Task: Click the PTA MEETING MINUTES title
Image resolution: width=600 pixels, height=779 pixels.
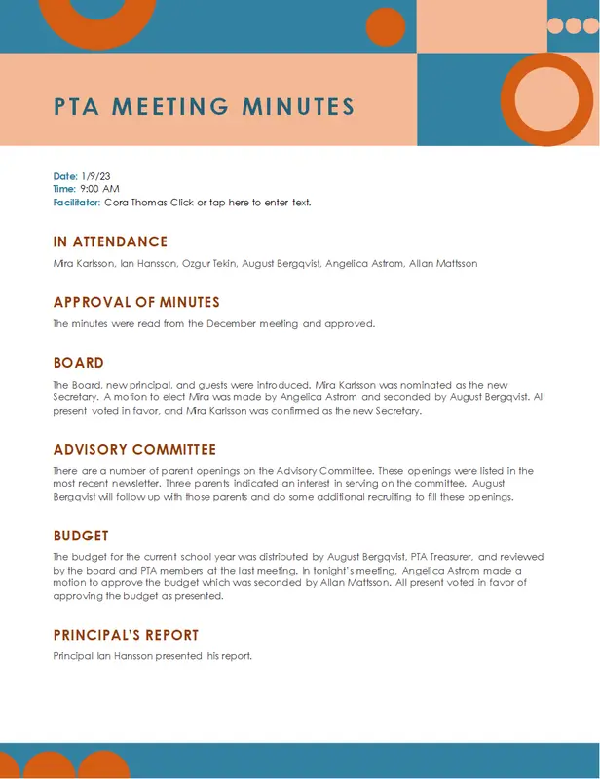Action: tap(204, 107)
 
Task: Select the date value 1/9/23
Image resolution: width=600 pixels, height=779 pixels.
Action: tap(96, 175)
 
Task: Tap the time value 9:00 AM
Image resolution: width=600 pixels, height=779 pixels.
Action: tap(98, 189)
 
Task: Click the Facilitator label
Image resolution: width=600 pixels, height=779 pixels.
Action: tap(76, 203)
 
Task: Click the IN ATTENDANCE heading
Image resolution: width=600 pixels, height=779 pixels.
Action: tap(110, 242)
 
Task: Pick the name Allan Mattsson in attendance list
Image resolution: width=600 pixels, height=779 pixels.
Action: tap(443, 264)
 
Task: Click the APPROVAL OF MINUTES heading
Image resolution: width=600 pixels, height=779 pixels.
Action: tap(136, 303)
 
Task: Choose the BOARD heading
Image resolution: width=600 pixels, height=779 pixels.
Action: tap(78, 363)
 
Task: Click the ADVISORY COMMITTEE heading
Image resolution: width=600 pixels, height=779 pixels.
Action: tap(134, 450)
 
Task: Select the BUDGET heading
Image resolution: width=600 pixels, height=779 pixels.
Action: tap(81, 537)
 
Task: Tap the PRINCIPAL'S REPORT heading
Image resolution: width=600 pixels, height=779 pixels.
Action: tap(126, 636)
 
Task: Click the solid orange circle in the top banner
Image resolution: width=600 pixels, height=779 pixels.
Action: tap(385, 26)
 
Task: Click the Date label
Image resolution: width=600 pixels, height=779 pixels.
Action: tap(64, 175)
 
